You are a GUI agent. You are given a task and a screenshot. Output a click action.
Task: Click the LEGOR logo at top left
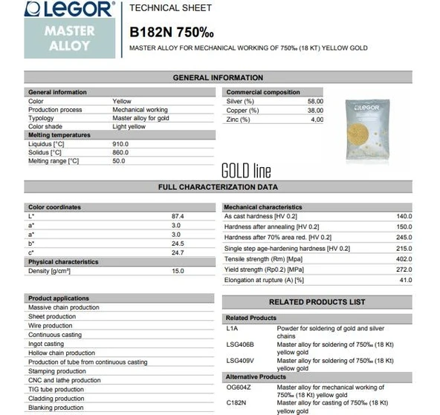pyautogui.click(x=70, y=10)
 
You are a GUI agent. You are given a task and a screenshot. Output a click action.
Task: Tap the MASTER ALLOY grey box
pyautogui.click(x=70, y=38)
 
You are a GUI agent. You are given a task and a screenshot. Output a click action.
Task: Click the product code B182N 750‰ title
pyautogui.click(x=172, y=32)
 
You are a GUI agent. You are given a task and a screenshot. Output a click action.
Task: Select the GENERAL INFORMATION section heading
pyautogui.click(x=218, y=77)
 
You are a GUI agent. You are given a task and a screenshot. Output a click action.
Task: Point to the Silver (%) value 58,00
pyautogui.click(x=315, y=101)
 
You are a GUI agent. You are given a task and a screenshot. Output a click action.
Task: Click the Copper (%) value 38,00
pyautogui.click(x=315, y=110)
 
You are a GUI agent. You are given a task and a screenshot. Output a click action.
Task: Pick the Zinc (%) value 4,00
pyautogui.click(x=317, y=119)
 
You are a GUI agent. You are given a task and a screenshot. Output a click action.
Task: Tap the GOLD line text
pyautogui.click(x=246, y=171)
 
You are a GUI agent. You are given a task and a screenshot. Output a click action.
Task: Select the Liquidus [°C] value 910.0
pyautogui.click(x=120, y=143)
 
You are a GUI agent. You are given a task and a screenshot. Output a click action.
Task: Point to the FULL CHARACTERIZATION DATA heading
pyautogui.click(x=218, y=187)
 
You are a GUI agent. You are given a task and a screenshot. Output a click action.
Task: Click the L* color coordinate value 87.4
pyautogui.click(x=177, y=216)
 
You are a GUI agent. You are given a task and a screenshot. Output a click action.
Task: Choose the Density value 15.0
pyautogui.click(x=178, y=271)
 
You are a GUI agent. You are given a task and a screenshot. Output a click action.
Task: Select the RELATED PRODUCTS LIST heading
pyautogui.click(x=317, y=302)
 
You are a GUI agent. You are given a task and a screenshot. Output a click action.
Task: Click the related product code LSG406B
pyautogui.click(x=240, y=344)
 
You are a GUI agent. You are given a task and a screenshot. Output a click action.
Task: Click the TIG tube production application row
pyautogui.click(x=56, y=390)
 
